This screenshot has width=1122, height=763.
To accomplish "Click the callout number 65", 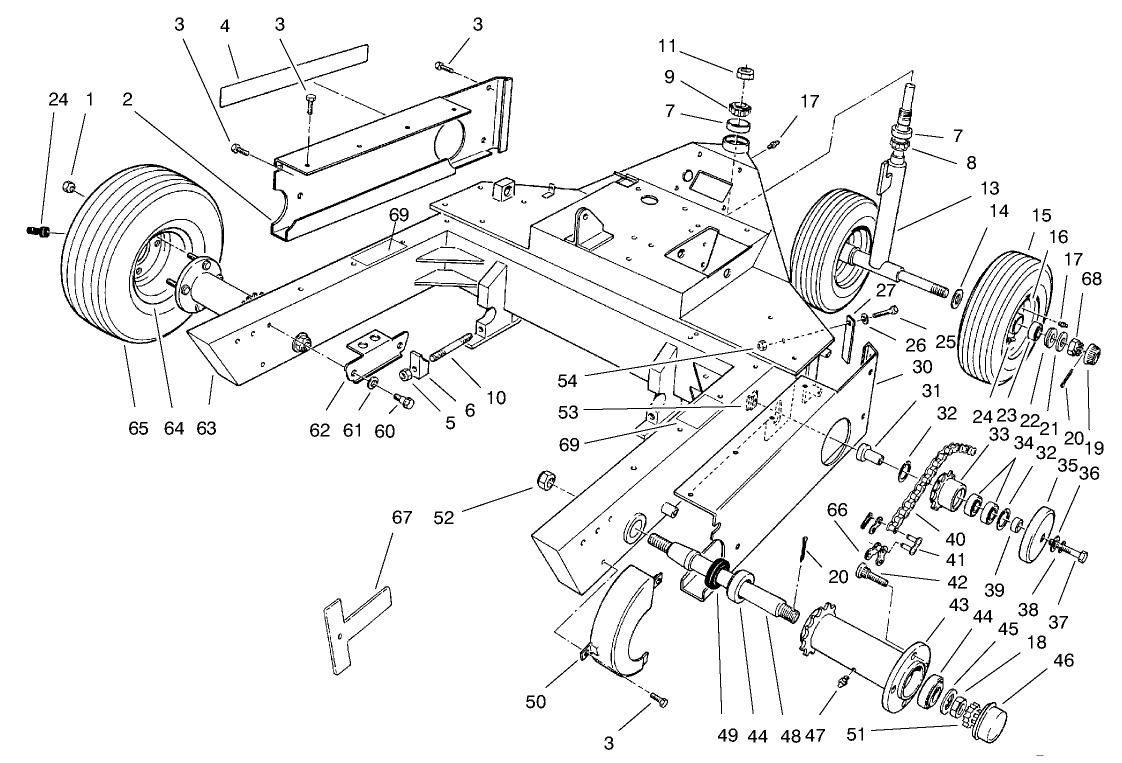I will pyautogui.click(x=138, y=429).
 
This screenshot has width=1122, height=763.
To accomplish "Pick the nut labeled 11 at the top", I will pyautogui.click(x=744, y=73).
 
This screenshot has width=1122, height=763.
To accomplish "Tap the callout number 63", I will pyautogui.click(x=206, y=429).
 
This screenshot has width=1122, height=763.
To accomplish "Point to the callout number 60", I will pyautogui.click(x=384, y=431).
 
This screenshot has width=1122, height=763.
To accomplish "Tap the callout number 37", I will pyautogui.click(x=1058, y=621).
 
